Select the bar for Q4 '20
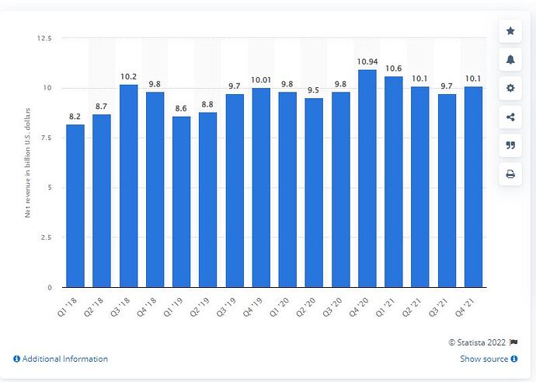tap(367, 179)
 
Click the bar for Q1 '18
tap(75, 206)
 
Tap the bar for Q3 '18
tap(128, 186)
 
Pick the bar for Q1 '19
tap(182, 202)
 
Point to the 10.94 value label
tap(367, 61)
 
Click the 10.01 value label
tap(261, 79)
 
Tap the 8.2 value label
tap(75, 115)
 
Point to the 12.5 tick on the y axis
tap(44, 38)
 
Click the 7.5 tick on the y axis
tap(46, 138)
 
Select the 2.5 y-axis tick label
tap(46, 237)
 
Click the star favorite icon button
tap(510, 31)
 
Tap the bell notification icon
tap(510, 60)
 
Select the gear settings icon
tap(510, 89)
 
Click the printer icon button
tap(510, 175)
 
